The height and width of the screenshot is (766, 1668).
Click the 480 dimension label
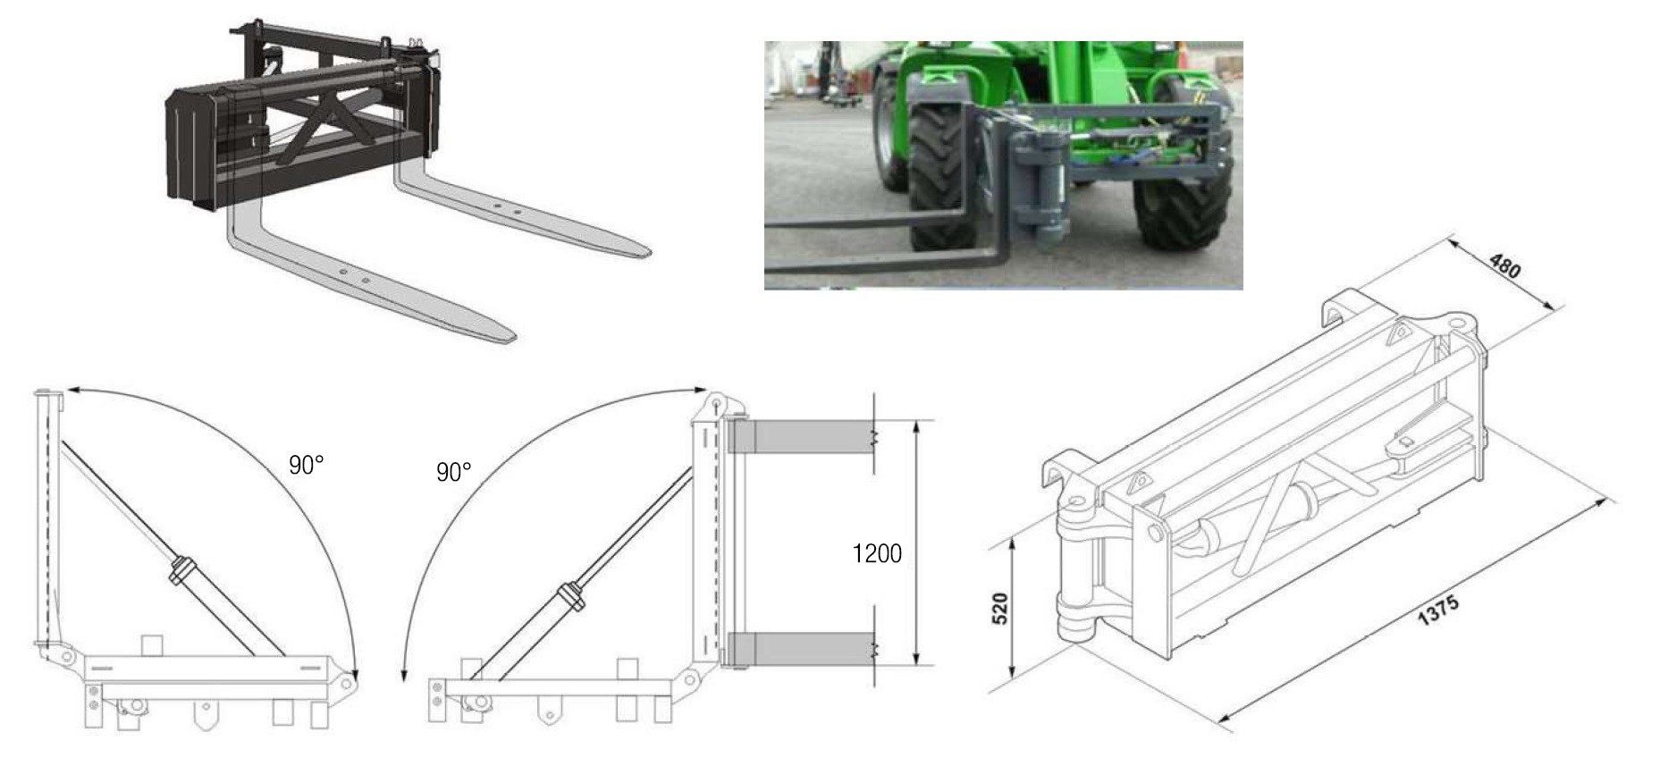pyautogui.click(x=1505, y=266)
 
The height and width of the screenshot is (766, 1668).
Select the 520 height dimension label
pyautogui.click(x=1001, y=609)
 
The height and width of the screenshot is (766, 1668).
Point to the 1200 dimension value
pyautogui.click(x=877, y=554)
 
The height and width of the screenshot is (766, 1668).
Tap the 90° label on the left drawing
pyautogui.click(x=306, y=465)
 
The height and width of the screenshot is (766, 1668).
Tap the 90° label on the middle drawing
pyautogui.click(x=453, y=472)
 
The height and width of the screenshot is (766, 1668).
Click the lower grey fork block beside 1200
pyautogui.click(x=801, y=649)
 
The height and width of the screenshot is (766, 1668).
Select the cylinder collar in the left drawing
pyautogui.click(x=181, y=570)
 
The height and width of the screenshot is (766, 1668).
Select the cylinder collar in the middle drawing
pyautogui.click(x=569, y=596)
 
